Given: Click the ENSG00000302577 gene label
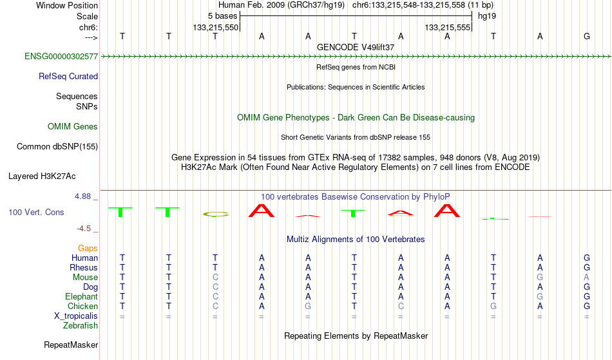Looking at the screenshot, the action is (61, 56).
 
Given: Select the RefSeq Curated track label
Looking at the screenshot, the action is (68, 77).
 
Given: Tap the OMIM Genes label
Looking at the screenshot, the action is (72, 126).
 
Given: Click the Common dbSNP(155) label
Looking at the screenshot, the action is (57, 147).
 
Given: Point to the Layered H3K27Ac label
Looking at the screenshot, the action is (42, 176).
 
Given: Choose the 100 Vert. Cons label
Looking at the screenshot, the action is (36, 212).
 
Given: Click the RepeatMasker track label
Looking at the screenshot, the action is (71, 345).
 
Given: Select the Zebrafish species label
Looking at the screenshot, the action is (81, 326).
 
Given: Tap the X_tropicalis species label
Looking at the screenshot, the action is (76, 316).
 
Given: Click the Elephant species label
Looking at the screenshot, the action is (81, 296).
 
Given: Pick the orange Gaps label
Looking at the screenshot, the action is (88, 249).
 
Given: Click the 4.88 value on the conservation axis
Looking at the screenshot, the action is (82, 196).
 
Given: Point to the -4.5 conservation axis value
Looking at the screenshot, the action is (84, 229).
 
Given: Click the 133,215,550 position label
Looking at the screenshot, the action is (215, 27).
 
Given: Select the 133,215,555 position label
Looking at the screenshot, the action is (447, 27).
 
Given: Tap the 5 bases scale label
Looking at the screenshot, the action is (222, 16).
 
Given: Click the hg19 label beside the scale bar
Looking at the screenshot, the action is (487, 16).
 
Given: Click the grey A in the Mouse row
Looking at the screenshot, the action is (586, 278).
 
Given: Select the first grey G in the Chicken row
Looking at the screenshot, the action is (308, 306).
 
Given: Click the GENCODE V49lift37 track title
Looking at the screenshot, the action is (356, 47).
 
